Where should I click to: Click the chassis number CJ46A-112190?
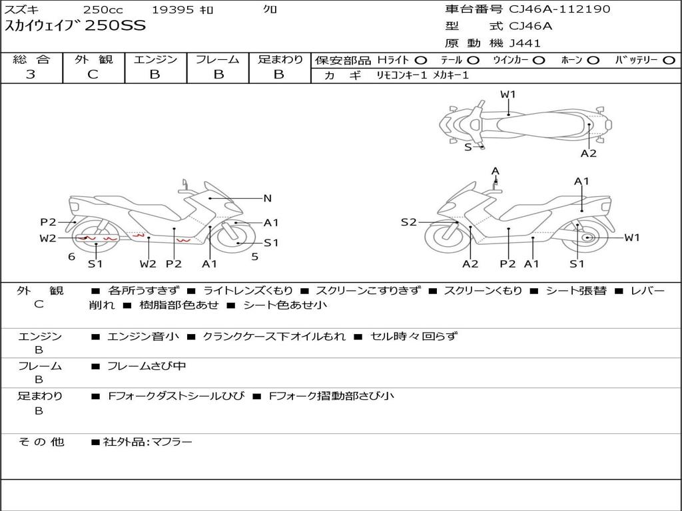tap(559, 9)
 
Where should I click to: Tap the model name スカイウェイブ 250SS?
tap(75, 26)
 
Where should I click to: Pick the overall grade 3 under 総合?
tap(31, 74)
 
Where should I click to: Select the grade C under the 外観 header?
tap(93, 74)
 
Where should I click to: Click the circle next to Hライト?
tap(420, 61)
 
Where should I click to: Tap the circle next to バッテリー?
tap(669, 61)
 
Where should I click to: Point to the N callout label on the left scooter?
tap(268, 198)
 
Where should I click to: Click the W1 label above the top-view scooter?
tap(508, 94)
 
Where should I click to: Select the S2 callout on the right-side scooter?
tap(408, 222)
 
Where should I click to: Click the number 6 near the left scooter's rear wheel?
tap(72, 256)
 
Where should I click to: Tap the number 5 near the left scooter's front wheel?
tap(255, 256)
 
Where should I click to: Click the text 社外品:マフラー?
tap(147, 442)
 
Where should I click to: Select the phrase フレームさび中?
tap(147, 366)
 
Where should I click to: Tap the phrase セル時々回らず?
tap(414, 336)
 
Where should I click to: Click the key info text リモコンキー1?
tap(402, 75)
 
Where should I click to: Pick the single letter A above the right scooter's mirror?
tap(496, 171)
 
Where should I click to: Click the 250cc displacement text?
tap(103, 9)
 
